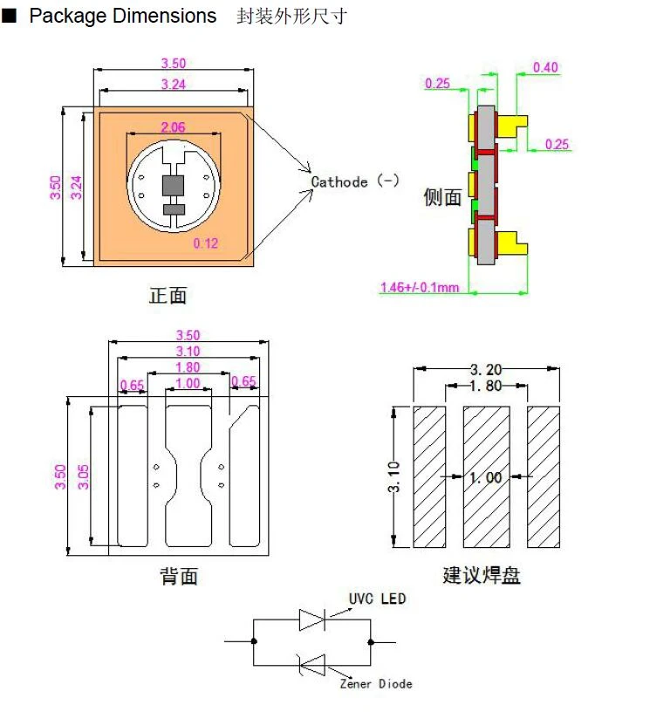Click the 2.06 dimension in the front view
(173, 127)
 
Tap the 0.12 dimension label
(205, 243)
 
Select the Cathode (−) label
(355, 181)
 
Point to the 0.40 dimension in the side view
(545, 67)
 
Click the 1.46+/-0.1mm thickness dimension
(419, 287)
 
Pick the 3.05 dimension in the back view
(83, 477)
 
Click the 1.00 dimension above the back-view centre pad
(188, 383)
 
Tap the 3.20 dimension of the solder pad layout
(486, 369)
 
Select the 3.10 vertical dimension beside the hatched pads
(394, 477)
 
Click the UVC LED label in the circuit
(377, 599)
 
